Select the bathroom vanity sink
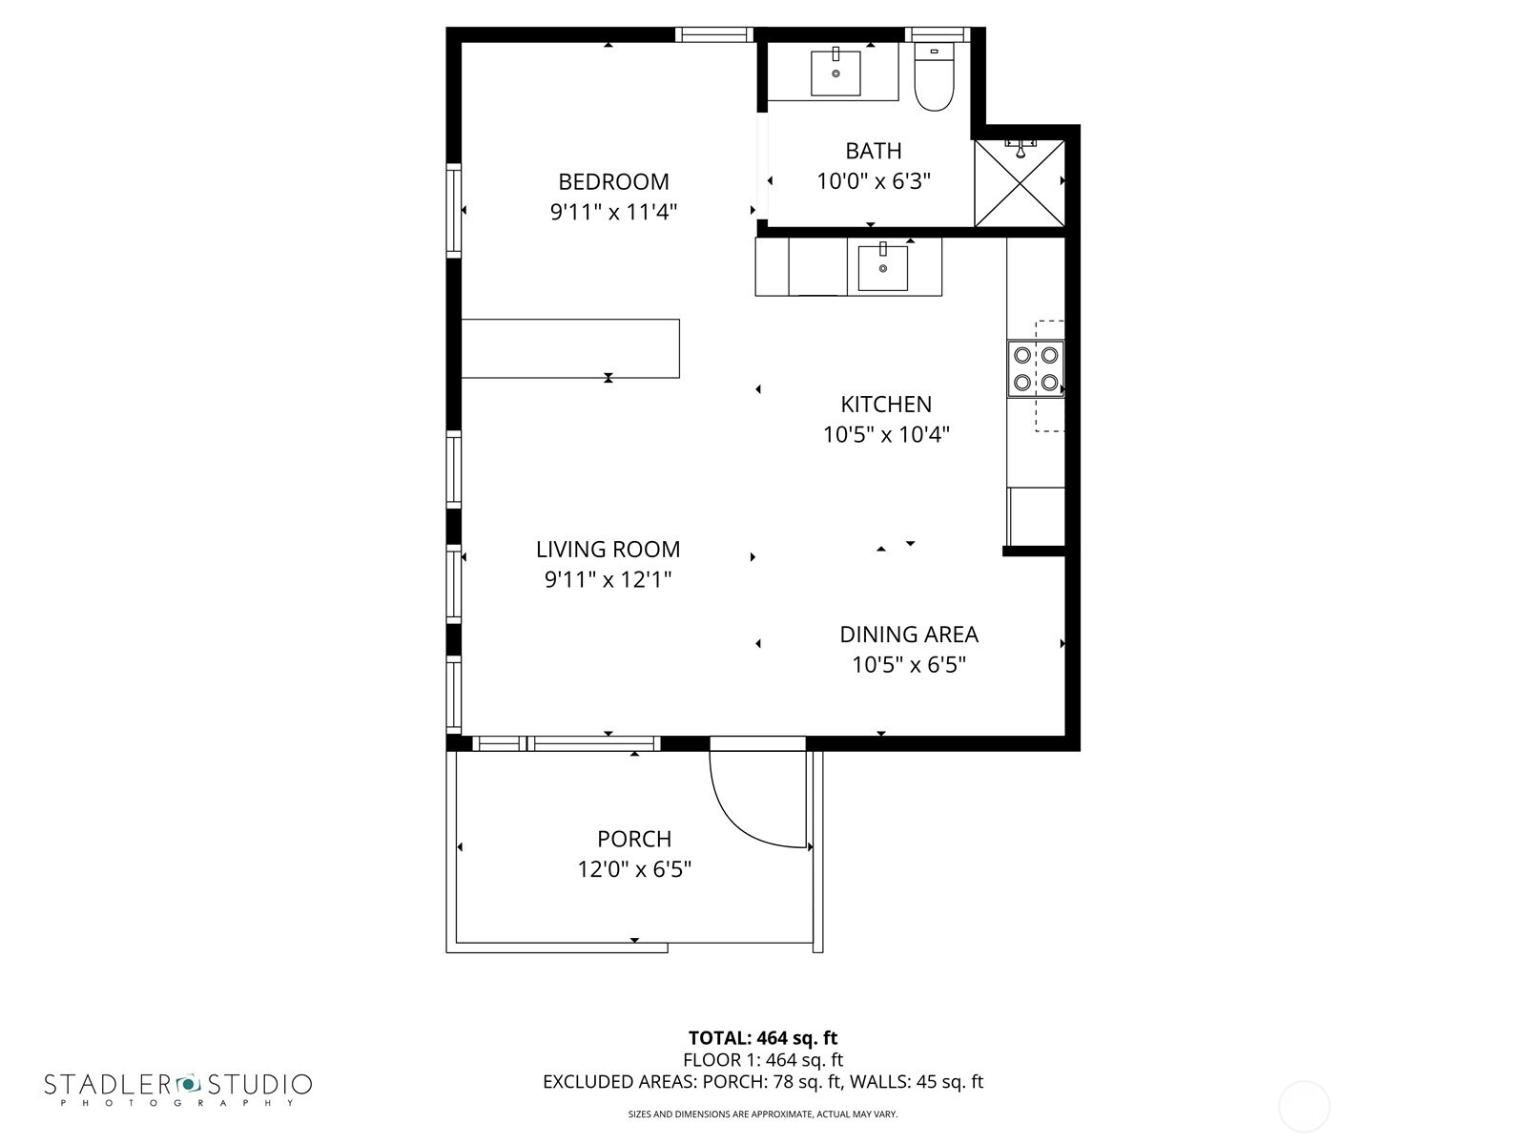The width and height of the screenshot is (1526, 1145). [835, 73]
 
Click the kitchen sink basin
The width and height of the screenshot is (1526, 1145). [882, 268]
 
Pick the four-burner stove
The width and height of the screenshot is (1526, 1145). [1036, 368]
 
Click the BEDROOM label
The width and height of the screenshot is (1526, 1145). [613, 181]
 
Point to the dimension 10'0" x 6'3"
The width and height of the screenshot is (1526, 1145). [873, 181]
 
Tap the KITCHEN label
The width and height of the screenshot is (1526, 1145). [886, 404]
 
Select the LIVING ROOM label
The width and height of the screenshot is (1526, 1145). [608, 549]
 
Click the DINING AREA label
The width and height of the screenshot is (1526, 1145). [908, 635]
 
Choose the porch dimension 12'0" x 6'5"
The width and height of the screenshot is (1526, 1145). [633, 869]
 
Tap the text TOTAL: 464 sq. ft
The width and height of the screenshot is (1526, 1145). [762, 1037]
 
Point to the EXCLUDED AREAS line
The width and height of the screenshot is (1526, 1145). [762, 1081]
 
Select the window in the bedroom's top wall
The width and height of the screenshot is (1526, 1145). [714, 35]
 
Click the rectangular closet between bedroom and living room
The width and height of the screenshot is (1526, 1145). [570, 348]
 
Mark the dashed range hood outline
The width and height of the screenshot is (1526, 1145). [1049, 376]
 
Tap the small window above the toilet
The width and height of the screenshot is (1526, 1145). [937, 35]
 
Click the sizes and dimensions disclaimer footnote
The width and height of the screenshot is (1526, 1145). [762, 1114]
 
